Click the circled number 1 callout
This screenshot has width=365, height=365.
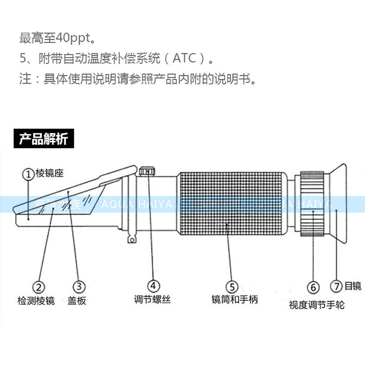tap(28, 174)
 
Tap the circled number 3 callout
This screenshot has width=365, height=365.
tap(79, 287)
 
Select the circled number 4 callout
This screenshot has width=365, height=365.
tap(153, 286)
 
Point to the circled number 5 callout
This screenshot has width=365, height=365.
tap(232, 287)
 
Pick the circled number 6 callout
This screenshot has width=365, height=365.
tap(313, 287)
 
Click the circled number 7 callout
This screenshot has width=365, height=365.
tap(336, 286)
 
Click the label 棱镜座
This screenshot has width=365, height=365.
tap(48, 174)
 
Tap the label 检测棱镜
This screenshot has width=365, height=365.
tap(36, 301)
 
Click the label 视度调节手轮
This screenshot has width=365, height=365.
tap(317, 304)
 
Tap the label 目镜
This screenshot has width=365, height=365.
tap(353, 286)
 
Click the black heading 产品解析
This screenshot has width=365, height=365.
tap(43, 139)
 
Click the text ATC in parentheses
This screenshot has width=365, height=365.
tap(183, 58)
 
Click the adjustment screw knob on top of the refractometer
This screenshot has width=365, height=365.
tap(146, 172)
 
